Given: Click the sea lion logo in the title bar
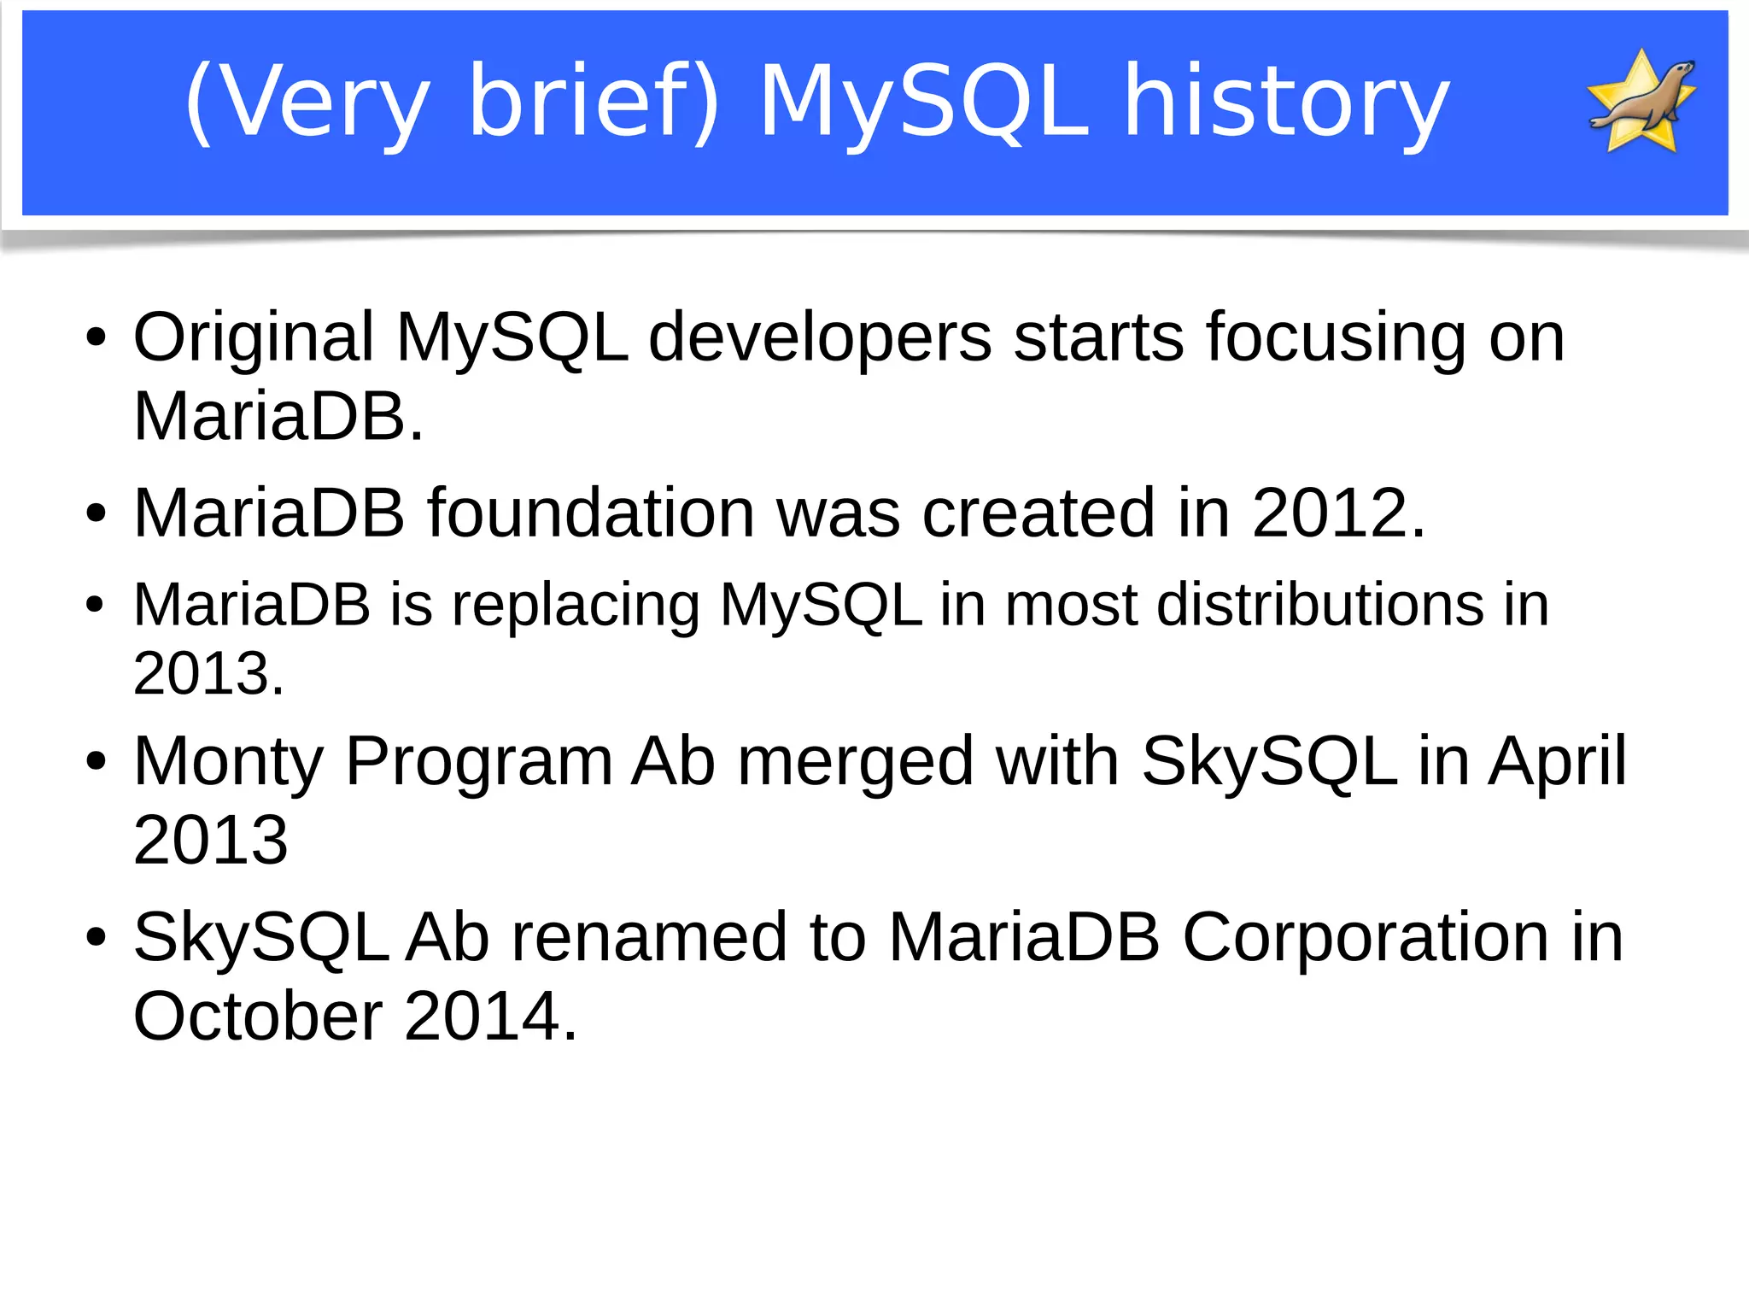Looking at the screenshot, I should point(1641,102).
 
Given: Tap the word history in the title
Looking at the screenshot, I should point(1286,102).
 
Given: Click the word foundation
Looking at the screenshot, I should point(591,513).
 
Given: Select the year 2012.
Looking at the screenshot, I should point(1338,513).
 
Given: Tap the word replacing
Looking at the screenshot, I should point(576,606).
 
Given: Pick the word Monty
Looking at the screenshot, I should point(229,762).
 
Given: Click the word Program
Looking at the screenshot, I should point(479,762).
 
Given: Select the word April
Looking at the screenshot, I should point(1557,762).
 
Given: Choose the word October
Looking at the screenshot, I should point(259,1017).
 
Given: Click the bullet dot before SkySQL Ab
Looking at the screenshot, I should point(96,938).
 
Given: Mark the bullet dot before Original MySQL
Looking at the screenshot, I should point(96,337).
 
